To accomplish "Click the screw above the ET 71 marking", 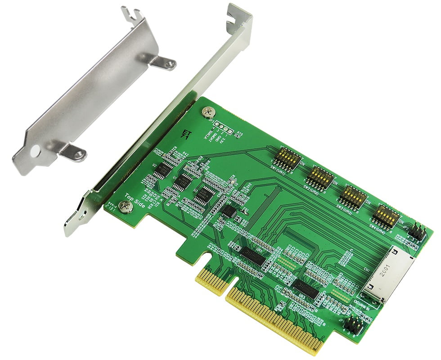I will [208, 111].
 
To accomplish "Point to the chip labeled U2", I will [165, 170].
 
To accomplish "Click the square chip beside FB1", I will [229, 211].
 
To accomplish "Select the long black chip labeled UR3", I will [306, 289].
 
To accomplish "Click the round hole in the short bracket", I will [36, 150].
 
